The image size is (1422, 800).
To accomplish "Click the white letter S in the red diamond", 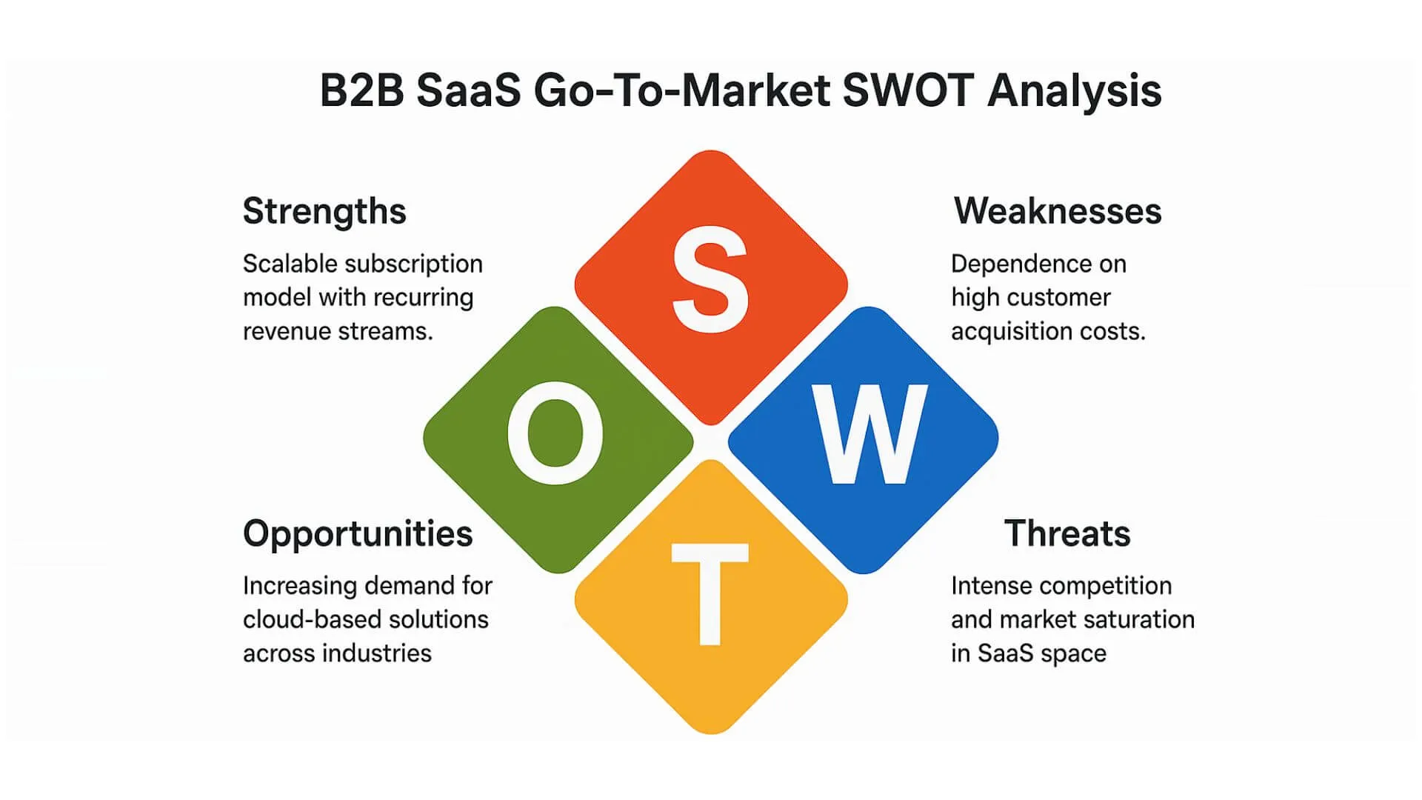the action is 710,279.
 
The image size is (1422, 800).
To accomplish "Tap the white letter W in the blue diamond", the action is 868,435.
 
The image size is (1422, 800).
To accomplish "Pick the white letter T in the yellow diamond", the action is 710,593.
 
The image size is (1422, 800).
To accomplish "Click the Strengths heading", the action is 324,211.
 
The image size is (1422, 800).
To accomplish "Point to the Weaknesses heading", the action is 1057,211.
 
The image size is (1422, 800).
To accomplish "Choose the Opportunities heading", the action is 358,534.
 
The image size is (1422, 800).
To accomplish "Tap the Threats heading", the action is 1066,533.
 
